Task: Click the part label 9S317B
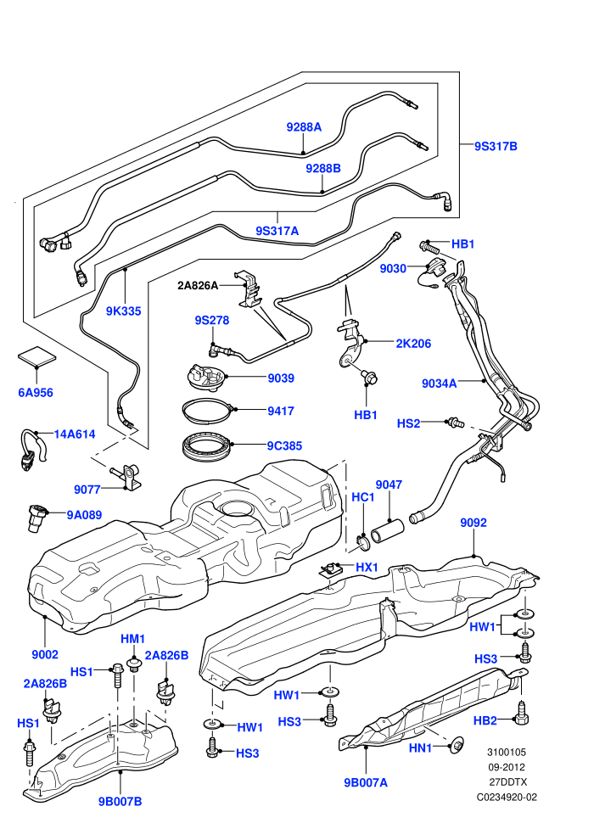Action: coord(496,146)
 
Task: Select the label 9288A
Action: coord(304,127)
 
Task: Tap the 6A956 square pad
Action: coord(37,358)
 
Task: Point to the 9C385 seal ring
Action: coord(205,445)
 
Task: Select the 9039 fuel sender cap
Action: coord(206,378)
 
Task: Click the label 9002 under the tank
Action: coord(45,654)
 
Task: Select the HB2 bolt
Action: coord(521,713)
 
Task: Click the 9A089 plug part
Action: coord(36,518)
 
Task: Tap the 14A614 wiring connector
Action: coord(31,449)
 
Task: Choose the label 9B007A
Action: coord(366,782)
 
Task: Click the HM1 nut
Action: coord(132,665)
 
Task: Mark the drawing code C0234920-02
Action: coord(507,797)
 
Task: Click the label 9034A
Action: coord(440,383)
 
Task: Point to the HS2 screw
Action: coord(455,423)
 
